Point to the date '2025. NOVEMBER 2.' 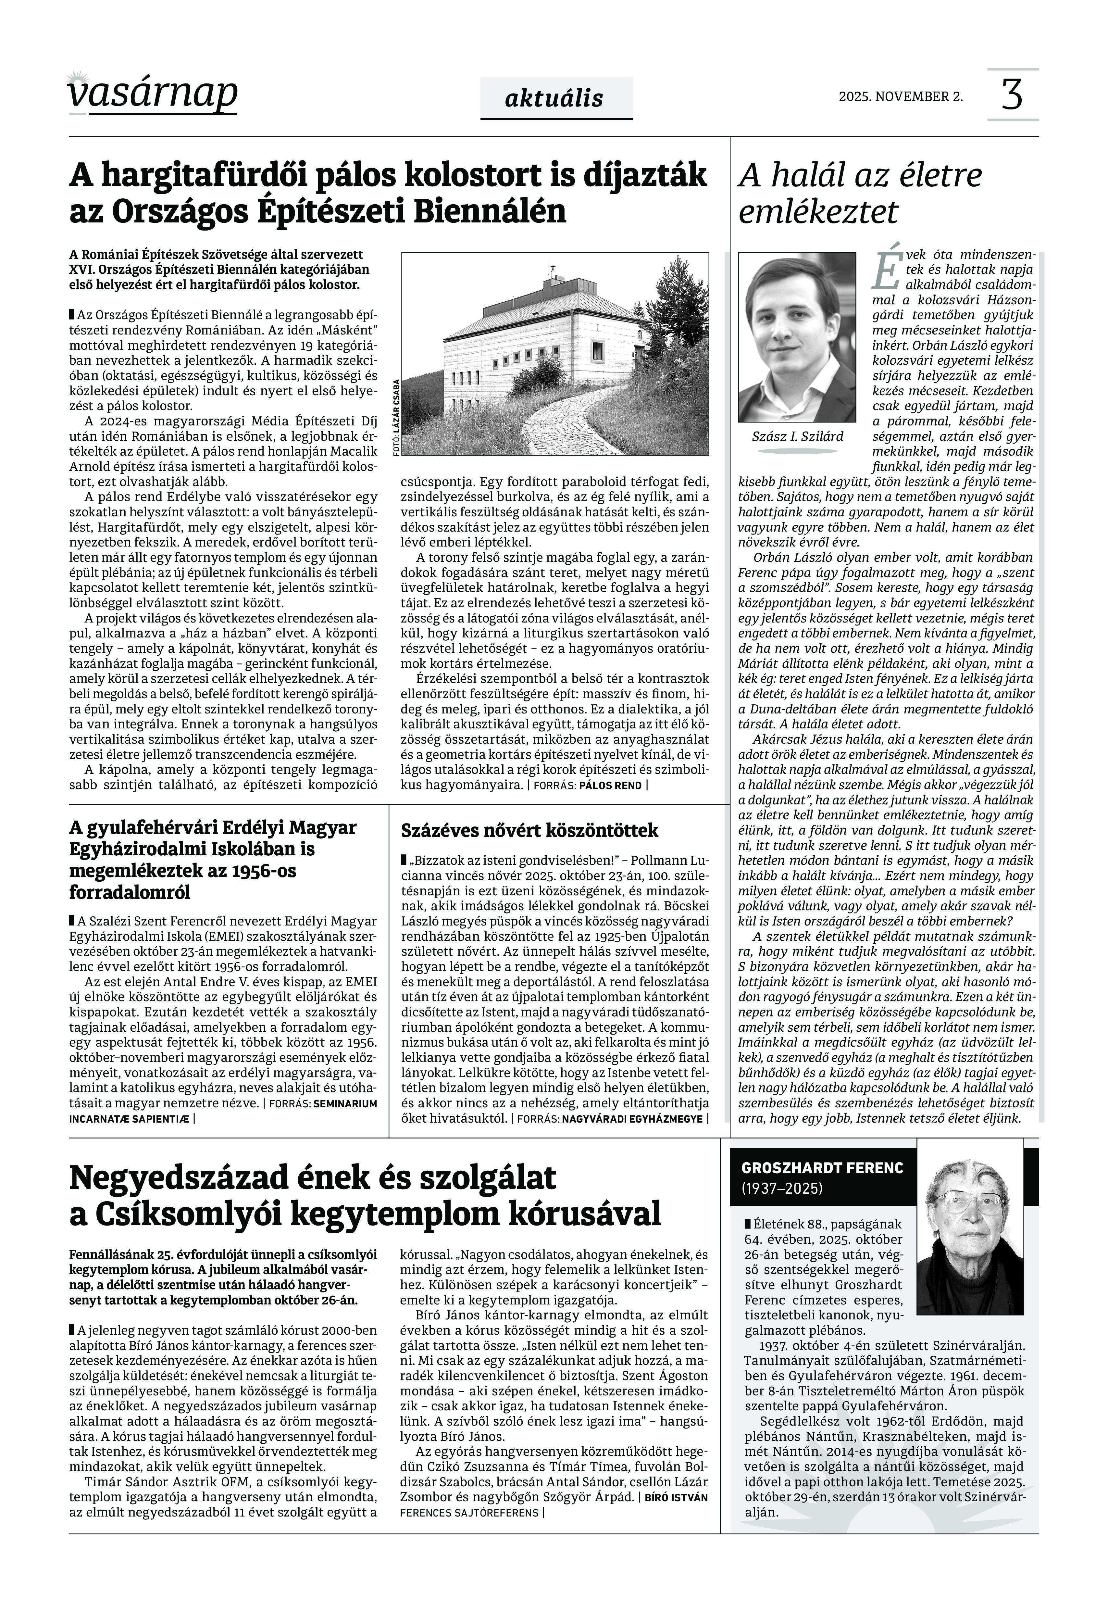[x=901, y=96]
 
